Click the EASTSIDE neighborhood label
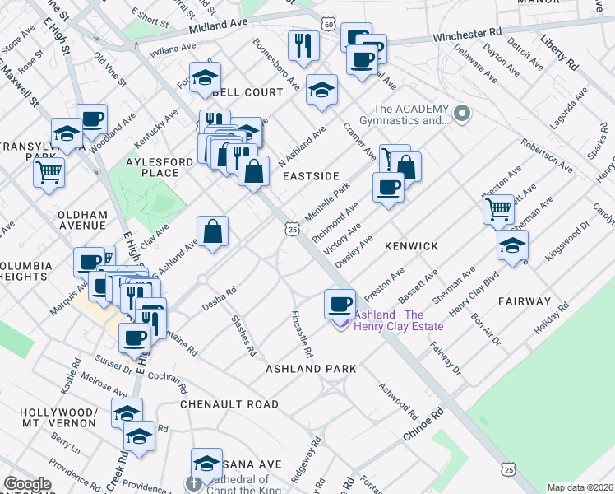tap(311, 176)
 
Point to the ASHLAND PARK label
tap(311, 369)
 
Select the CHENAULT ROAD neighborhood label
tap(229, 404)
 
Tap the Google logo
tap(27, 484)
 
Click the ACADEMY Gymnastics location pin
tap(463, 113)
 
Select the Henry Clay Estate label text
tap(399, 320)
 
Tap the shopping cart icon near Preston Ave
tap(498, 210)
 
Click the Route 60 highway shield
tap(328, 25)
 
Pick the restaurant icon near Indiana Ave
tap(303, 46)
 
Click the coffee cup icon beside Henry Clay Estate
tap(339, 305)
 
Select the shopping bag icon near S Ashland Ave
tap(213, 231)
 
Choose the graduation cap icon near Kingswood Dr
tap(512, 245)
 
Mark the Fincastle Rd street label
tap(302, 333)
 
